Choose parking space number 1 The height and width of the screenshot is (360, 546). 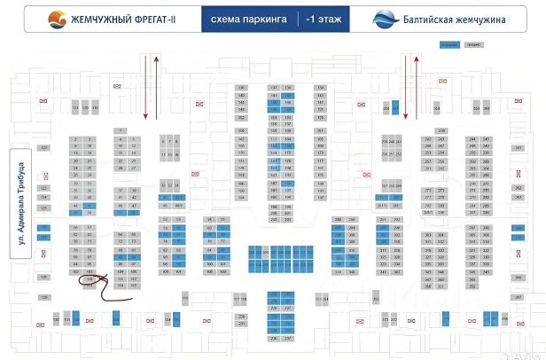point(121,130)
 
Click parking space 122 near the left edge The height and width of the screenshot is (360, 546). point(43,148)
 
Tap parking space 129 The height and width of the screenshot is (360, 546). point(43,298)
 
